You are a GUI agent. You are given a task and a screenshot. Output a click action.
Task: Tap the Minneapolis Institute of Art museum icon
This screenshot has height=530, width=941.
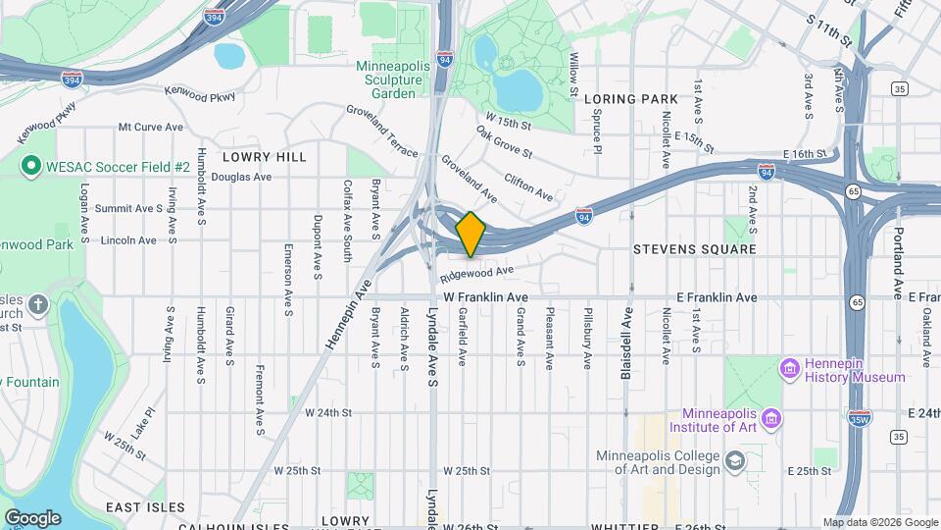[x=772, y=420]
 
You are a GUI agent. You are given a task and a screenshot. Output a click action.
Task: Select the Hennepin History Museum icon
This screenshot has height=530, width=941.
[x=790, y=369]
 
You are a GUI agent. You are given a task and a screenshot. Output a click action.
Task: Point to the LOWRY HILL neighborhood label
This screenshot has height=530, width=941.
[x=265, y=157]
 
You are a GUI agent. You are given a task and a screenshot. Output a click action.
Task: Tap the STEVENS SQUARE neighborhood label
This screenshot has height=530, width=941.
[x=695, y=249]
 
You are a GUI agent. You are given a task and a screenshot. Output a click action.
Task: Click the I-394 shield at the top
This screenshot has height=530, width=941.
[x=214, y=17]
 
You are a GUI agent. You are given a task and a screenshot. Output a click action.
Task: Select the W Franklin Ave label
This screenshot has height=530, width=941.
[x=485, y=296]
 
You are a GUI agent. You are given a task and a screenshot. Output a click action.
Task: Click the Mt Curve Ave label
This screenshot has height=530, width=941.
[x=151, y=128]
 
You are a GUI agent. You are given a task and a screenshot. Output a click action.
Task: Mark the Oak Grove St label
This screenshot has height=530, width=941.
[x=504, y=142]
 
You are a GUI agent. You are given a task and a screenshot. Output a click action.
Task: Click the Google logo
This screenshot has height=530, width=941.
[x=32, y=517]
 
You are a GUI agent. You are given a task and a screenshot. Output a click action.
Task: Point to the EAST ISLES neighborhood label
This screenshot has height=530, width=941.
[x=145, y=507]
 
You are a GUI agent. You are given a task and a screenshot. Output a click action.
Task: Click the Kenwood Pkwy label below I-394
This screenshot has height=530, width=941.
[x=201, y=94]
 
